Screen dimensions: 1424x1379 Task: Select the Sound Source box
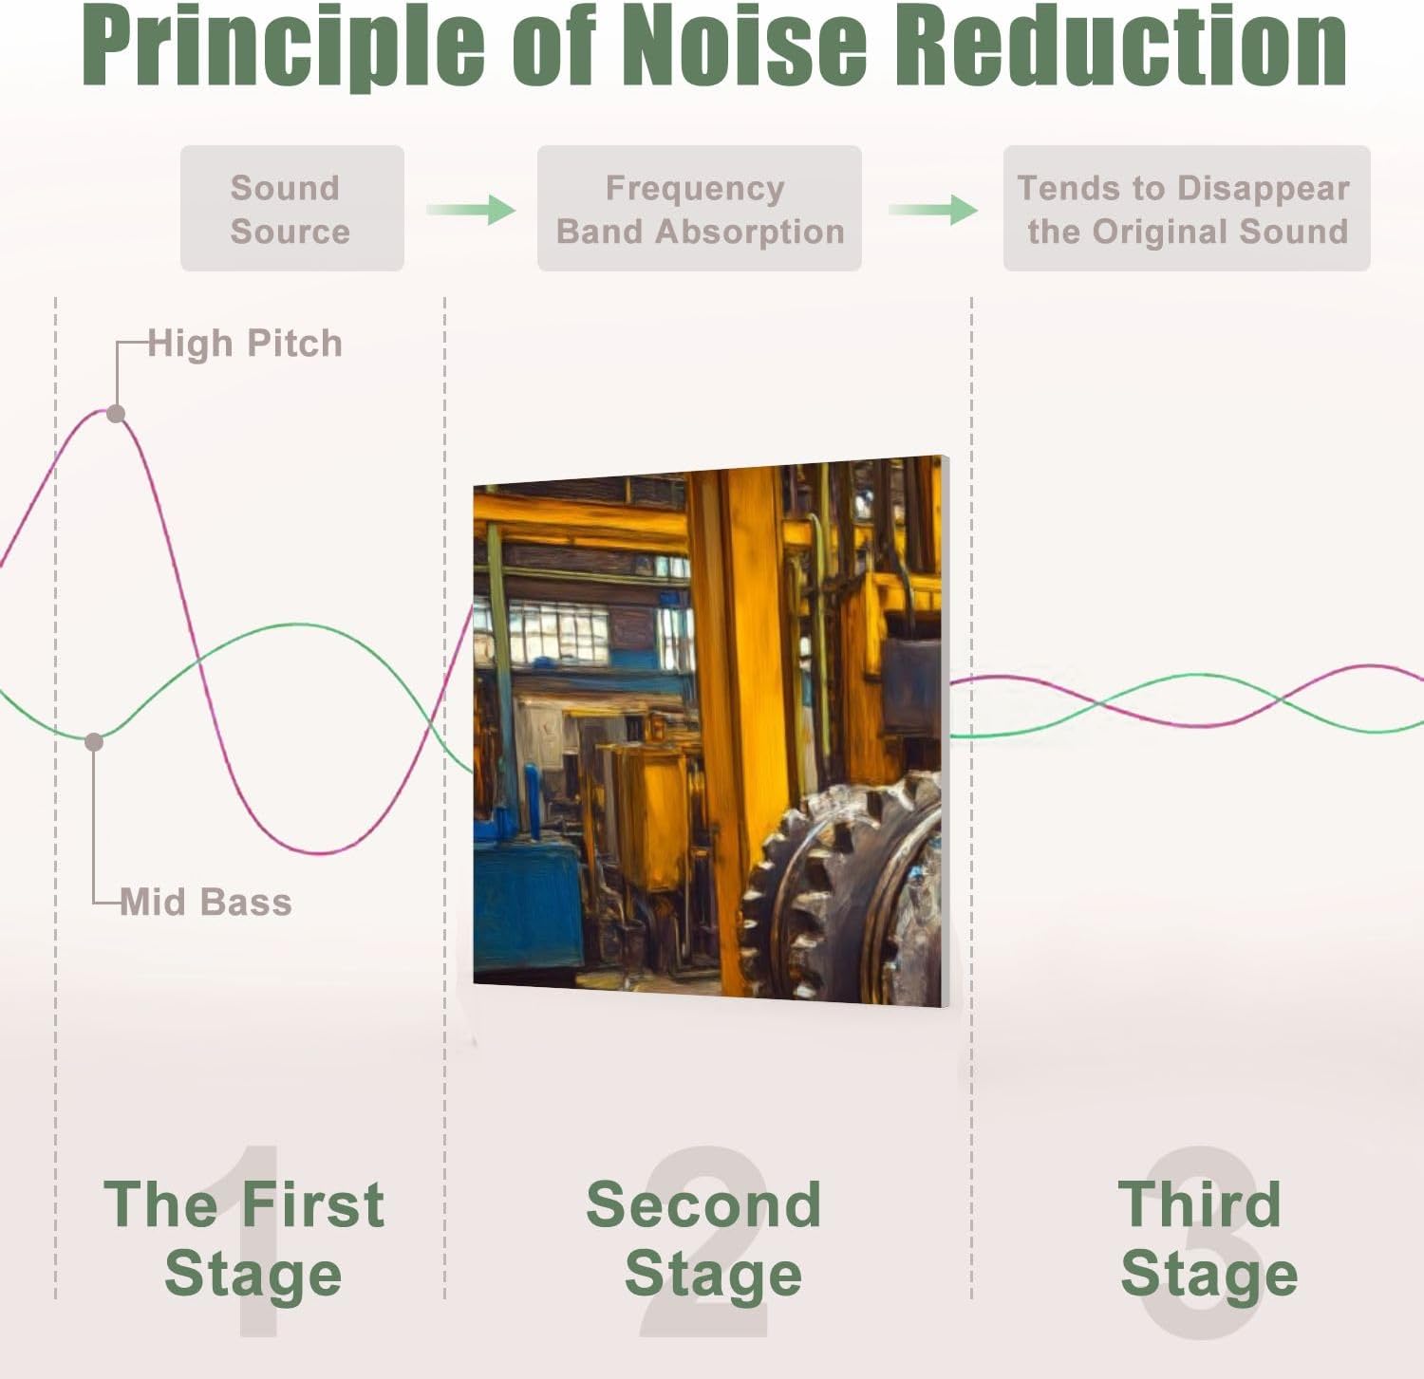pyautogui.click(x=292, y=209)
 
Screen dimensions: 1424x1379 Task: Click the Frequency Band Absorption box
pyautogui.click(x=700, y=209)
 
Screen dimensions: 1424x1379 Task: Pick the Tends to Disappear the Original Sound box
pyautogui.click(x=1187, y=209)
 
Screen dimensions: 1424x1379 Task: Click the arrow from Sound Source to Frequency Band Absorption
pyautogui.click(x=471, y=209)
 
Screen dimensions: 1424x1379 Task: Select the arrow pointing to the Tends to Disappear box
pyautogui.click(x=933, y=209)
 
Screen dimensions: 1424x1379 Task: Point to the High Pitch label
pyautogui.click(x=245, y=344)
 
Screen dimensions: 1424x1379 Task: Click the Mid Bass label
pyautogui.click(x=206, y=902)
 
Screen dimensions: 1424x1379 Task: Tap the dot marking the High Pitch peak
pyautogui.click(x=116, y=414)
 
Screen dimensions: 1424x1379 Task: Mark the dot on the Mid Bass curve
pyautogui.click(x=94, y=742)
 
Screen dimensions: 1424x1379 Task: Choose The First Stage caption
pyautogui.click(x=245, y=1239)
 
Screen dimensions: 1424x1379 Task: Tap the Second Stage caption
pyautogui.click(x=704, y=1239)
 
